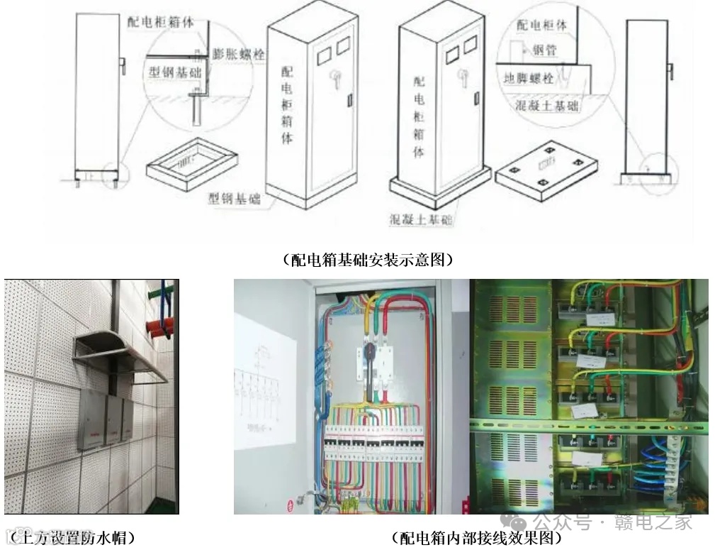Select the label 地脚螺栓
coord(528,78)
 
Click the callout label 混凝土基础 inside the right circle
coord(548,106)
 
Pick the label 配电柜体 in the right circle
coord(541,25)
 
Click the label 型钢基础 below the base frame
coord(234,199)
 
